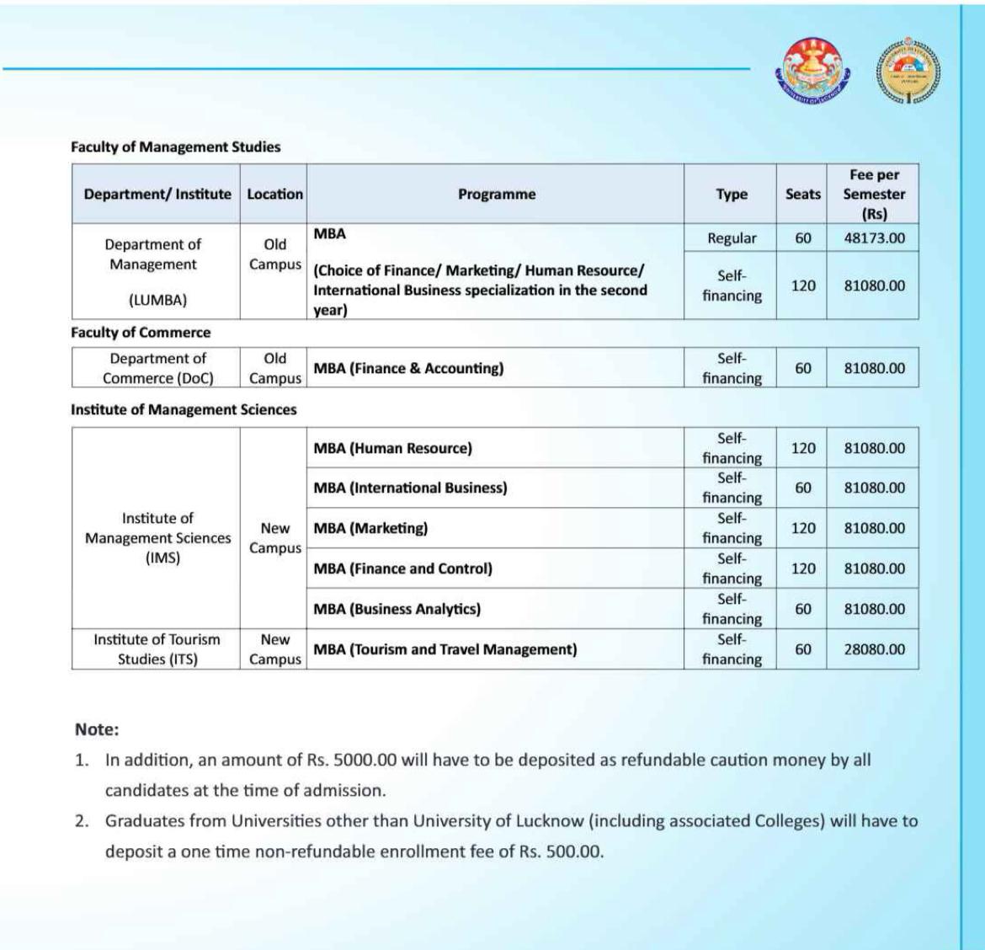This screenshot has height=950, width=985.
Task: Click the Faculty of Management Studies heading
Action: click(175, 147)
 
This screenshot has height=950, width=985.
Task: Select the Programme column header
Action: click(497, 194)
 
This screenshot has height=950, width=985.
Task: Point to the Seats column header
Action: click(802, 194)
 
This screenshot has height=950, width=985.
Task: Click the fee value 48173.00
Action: click(875, 238)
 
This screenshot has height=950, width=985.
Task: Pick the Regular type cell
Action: click(732, 238)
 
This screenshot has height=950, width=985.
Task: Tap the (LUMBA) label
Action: click(157, 300)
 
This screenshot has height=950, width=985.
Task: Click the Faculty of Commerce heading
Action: click(141, 333)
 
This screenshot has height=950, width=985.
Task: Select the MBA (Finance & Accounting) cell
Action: click(408, 368)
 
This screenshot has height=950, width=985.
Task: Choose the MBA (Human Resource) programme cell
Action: click(392, 448)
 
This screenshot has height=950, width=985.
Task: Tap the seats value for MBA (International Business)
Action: click(803, 488)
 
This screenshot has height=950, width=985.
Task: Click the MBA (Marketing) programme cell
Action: click(370, 528)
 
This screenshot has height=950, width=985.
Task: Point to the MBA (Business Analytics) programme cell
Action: click(397, 609)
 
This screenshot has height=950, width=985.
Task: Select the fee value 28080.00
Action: click(875, 649)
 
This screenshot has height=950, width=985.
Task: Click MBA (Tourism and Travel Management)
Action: click(445, 649)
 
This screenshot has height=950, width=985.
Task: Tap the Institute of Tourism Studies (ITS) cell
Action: click(157, 649)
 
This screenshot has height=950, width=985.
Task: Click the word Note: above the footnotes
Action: click(97, 729)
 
